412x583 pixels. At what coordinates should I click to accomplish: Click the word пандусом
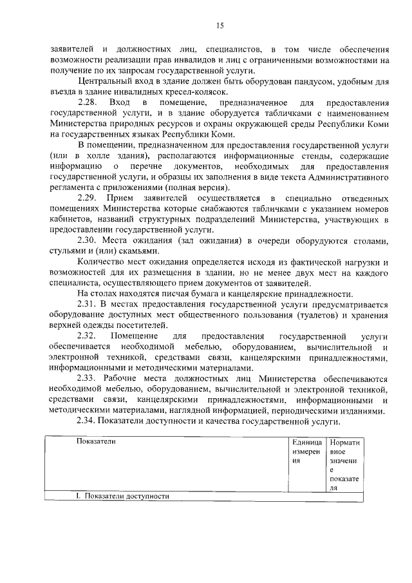(313, 81)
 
